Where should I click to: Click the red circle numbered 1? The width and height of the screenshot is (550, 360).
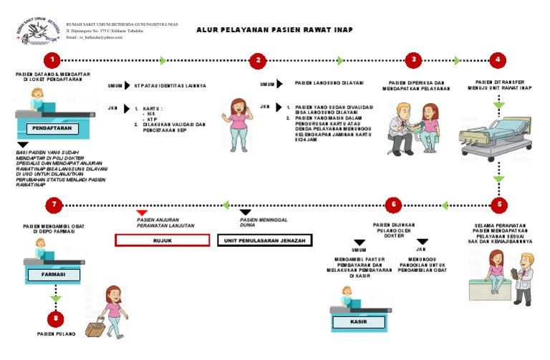click(51, 60)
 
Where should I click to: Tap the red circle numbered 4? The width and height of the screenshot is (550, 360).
click(498, 60)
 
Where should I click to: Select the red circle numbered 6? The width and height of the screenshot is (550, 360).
click(392, 205)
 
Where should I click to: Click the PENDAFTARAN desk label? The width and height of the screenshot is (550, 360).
click(51, 130)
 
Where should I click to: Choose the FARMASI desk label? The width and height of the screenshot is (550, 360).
click(54, 274)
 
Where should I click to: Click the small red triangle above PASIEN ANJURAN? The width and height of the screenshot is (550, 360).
click(143, 213)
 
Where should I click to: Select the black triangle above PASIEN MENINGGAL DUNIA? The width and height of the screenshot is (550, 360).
click(246, 213)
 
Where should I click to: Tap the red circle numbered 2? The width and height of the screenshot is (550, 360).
click(259, 60)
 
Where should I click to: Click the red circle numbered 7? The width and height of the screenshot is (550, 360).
click(52, 205)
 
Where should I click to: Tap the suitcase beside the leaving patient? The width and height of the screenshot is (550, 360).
click(95, 329)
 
